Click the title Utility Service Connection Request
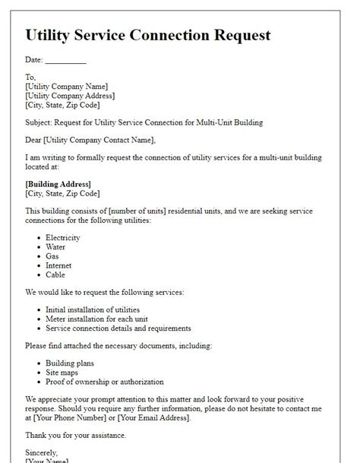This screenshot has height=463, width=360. coord(147,35)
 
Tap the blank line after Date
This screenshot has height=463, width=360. coord(65,61)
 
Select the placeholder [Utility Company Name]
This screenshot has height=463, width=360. coord(66,87)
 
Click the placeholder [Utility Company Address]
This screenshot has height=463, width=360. coord(70,96)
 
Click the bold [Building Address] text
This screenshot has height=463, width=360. coord(58,184)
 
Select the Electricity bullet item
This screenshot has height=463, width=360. coord(63,238)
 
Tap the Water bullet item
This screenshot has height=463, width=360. coord(56,247)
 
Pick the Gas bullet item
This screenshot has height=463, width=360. coord(53,256)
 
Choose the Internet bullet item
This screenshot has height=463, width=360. coord(58,265)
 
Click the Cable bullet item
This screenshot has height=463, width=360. coord(55,274)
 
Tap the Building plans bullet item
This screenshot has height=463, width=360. coord(71,363)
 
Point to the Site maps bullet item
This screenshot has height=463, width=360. coord(63,373)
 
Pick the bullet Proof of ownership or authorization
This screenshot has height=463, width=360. coord(104,382)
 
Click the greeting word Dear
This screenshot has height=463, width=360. coord(33,139)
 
